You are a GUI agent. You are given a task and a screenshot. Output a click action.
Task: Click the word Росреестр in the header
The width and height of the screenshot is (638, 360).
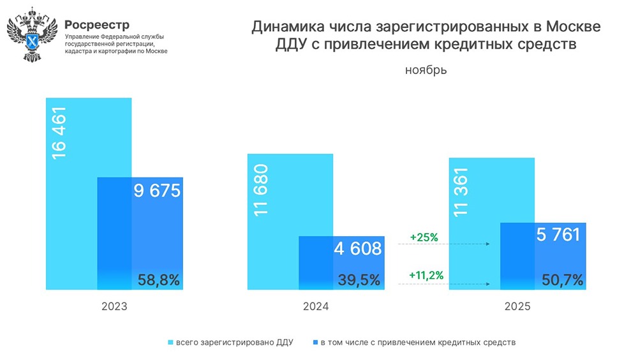[x=97, y=25]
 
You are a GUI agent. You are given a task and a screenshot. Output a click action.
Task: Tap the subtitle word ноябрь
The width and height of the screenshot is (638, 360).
[x=426, y=70]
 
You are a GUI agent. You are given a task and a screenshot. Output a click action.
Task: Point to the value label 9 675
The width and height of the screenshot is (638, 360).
[x=157, y=190]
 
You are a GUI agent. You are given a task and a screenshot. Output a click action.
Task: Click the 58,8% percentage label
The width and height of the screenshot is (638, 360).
[x=159, y=280]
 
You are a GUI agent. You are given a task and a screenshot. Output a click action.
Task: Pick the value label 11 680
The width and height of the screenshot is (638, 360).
[x=261, y=190]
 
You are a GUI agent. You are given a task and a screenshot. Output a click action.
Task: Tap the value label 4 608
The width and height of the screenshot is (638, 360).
[x=358, y=248]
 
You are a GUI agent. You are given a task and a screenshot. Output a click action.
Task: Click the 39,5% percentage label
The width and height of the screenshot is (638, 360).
[x=359, y=280]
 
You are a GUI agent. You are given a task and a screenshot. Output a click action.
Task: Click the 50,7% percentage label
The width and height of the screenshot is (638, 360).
[x=561, y=280]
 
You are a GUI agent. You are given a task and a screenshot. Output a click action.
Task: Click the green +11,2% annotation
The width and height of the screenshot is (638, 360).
[x=426, y=276]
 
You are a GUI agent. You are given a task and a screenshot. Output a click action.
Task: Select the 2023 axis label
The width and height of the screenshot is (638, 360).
[x=114, y=306]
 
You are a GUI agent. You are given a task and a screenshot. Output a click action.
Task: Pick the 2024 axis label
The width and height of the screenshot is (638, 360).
[x=316, y=306]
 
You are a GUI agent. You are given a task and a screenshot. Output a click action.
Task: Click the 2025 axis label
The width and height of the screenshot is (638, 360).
[x=517, y=306]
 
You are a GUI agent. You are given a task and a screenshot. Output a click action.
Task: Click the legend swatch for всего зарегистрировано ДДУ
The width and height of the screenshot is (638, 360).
[x=170, y=343]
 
